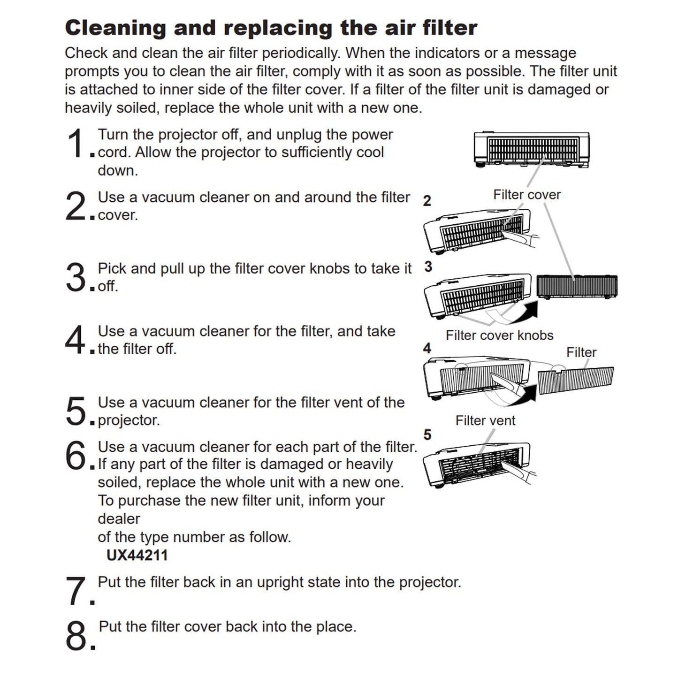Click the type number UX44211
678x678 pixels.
(137, 556)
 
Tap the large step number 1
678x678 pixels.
(76, 144)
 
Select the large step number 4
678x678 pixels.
(75, 340)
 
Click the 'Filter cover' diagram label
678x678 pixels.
(527, 195)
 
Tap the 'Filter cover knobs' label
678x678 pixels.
(499, 335)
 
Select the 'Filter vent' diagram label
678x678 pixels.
(485, 420)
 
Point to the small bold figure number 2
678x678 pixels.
(427, 201)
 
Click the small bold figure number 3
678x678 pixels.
(428, 267)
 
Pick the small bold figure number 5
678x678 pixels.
(427, 435)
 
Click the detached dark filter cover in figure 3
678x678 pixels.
(577, 286)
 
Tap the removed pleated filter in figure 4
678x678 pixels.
(576, 381)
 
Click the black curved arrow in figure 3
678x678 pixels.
(524, 312)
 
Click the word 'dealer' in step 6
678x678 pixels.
(119, 519)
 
